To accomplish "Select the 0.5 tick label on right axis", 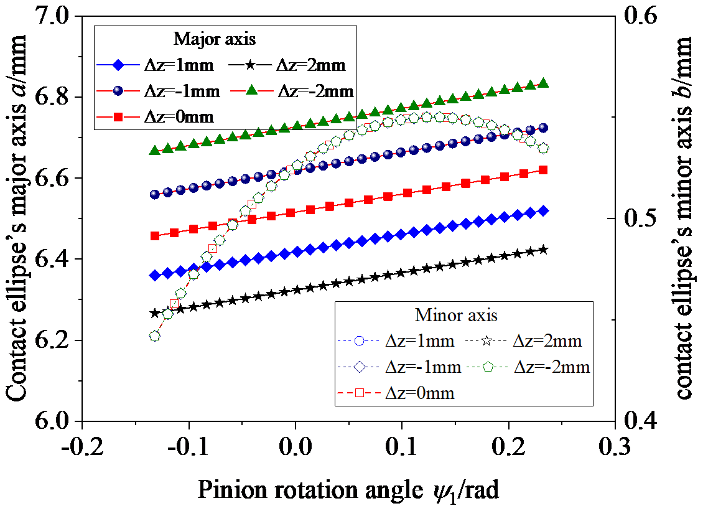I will [638, 218].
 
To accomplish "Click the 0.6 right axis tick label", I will [638, 17].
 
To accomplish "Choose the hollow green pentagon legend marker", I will [488, 367].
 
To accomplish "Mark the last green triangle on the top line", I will [542, 83].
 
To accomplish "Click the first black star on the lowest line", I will [155, 313].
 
